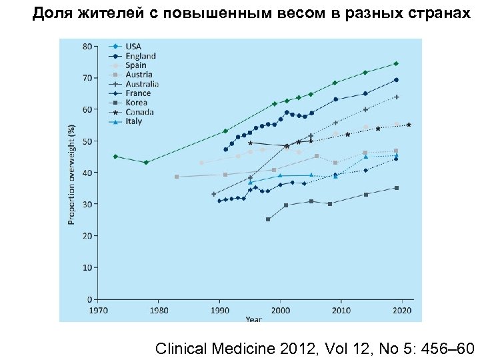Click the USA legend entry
[133, 47]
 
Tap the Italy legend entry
[133, 121]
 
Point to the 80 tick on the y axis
[87, 46]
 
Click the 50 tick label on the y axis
[87, 141]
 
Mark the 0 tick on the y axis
[89, 298]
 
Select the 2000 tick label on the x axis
[281, 310]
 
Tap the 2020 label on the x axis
[402, 310]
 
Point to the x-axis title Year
[253, 319]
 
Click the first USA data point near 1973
[115, 156]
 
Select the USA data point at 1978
[146, 163]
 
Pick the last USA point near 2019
[396, 63]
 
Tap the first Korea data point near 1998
[268, 219]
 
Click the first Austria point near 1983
[177, 177]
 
